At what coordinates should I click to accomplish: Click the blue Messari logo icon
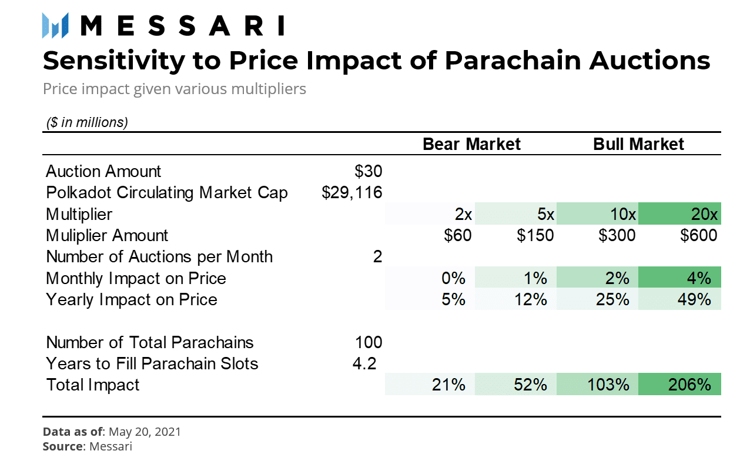click(55, 25)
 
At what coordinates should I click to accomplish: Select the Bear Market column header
click(471, 144)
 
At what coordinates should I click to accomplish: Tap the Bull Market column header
click(638, 144)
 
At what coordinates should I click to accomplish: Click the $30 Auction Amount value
click(369, 171)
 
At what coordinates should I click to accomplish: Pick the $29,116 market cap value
click(351, 192)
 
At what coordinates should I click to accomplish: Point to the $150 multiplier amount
click(535, 235)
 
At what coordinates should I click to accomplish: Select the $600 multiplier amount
click(699, 235)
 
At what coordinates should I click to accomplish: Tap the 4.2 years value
click(364, 363)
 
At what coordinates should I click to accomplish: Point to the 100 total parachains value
click(369, 342)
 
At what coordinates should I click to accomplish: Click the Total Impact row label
click(92, 385)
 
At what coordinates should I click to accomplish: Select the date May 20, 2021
click(145, 432)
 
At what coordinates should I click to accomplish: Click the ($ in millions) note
click(87, 122)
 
